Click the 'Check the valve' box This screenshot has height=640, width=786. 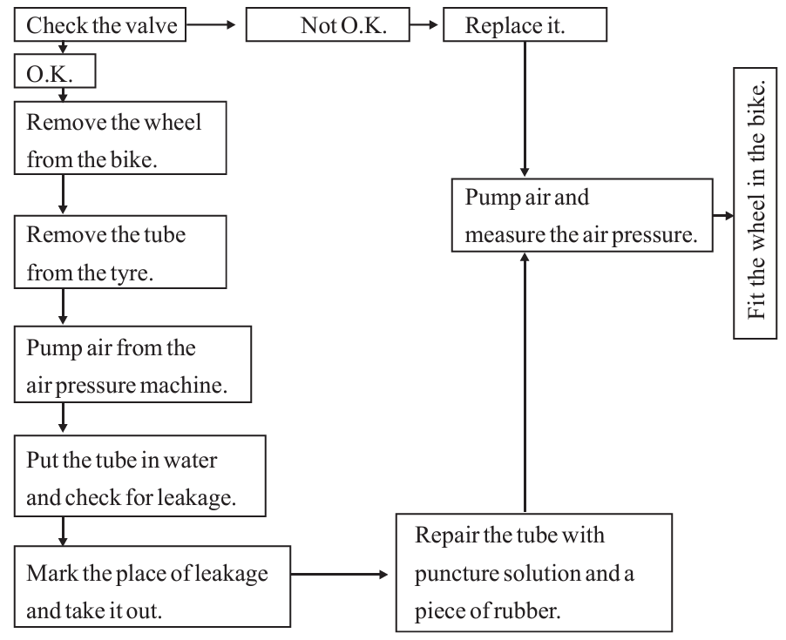[99, 24]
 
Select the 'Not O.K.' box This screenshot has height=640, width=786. [328, 24]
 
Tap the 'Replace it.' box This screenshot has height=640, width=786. [525, 24]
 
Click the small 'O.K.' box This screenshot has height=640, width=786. [55, 71]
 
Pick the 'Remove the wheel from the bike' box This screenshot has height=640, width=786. [120, 138]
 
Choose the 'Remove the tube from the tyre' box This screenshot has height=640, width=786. [120, 252]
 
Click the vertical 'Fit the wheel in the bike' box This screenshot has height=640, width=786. [755, 203]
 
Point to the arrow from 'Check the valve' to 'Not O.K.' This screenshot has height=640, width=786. [211, 24]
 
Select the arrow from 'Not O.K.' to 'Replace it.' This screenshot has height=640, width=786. [424, 24]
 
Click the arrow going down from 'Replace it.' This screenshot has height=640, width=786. [525, 109]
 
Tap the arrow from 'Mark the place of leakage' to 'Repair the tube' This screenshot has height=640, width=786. [339, 575]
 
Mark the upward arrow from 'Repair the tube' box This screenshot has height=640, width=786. [525, 382]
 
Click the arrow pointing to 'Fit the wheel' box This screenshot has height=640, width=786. [723, 216]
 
